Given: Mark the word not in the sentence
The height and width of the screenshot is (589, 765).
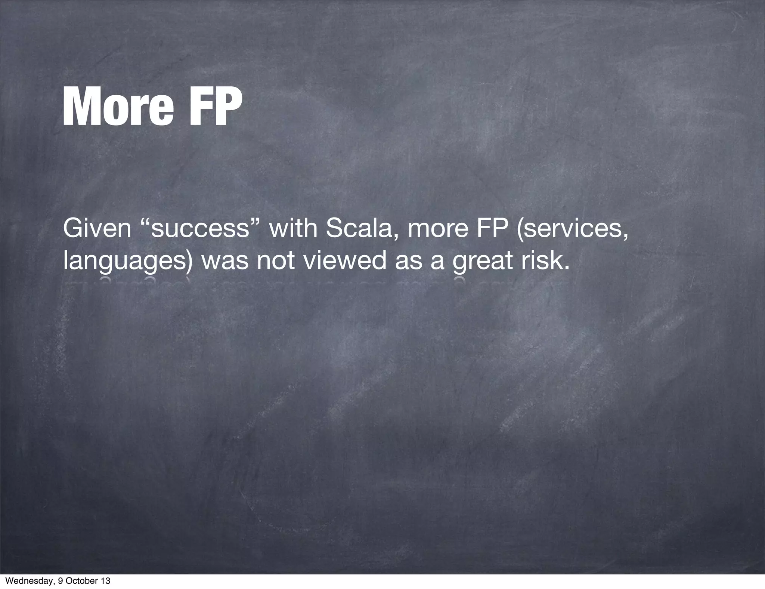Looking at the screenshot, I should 276,261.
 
